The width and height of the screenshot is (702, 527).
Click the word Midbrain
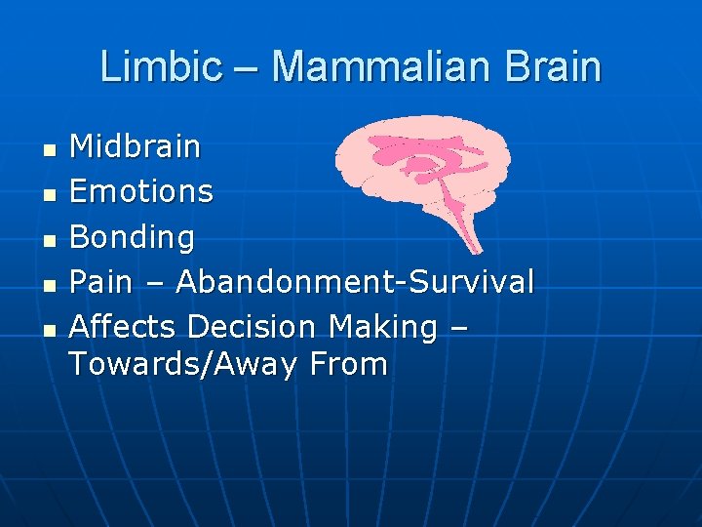(136, 147)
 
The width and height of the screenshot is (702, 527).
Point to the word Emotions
(141, 191)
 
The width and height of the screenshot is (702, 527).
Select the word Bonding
(133, 237)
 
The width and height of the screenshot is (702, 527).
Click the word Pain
(100, 282)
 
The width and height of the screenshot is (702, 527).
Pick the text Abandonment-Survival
(355, 282)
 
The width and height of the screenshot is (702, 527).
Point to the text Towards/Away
(184, 365)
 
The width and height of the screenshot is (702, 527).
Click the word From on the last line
(349, 365)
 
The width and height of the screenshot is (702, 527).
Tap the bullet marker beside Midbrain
(50, 150)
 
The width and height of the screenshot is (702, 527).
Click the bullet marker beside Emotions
(50, 194)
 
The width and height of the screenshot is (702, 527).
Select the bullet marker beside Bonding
(50, 239)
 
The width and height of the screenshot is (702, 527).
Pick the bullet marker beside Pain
(50, 284)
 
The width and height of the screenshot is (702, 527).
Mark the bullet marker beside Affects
(50, 329)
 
